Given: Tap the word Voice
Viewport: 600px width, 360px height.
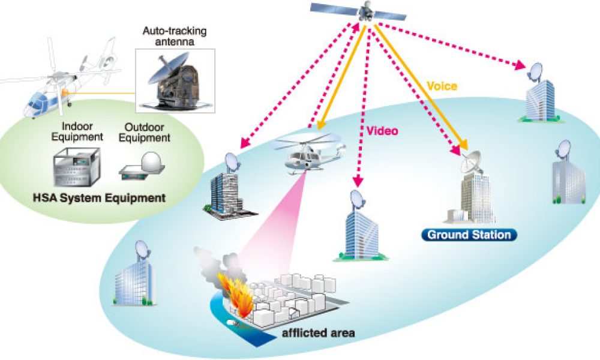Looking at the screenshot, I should (x=442, y=86).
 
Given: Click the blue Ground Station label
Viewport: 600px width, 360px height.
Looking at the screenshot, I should (x=469, y=234).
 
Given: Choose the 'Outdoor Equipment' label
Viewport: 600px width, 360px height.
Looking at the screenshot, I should (x=146, y=132).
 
